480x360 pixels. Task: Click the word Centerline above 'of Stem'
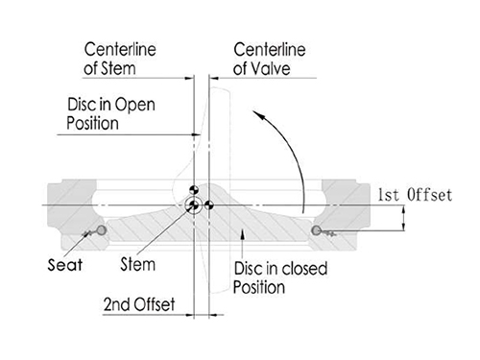point(120,50)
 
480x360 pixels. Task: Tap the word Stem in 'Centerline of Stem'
point(118,68)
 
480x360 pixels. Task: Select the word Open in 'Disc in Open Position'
point(134,105)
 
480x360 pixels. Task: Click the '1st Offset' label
point(415,195)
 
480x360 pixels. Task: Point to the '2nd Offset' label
point(139,304)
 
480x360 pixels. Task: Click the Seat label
point(65,265)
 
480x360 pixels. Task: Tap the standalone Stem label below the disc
point(138,264)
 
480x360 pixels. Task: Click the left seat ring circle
point(102,229)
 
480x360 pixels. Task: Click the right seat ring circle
point(316,229)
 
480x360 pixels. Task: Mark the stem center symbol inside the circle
point(193,205)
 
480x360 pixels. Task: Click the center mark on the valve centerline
point(209,205)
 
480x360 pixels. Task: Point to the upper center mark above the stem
point(194,190)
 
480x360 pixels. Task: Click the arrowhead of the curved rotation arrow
point(258,115)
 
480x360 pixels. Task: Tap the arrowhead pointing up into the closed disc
point(242,233)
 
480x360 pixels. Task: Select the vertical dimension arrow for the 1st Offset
point(403,218)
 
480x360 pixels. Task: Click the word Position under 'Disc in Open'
point(92,124)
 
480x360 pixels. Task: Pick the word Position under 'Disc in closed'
point(259,287)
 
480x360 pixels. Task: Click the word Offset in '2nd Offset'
point(155,304)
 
